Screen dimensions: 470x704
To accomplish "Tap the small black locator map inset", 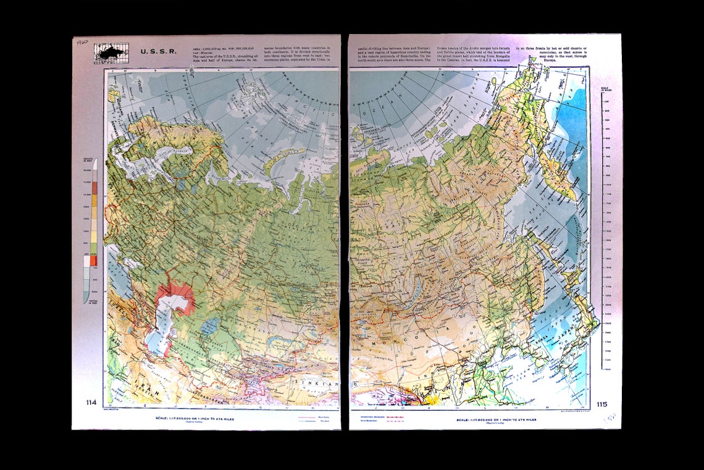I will pos(111,53).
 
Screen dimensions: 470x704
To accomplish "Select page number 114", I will pos(91,403).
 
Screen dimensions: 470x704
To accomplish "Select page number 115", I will pos(601,405).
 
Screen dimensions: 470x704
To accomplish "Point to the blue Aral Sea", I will pos(209,326).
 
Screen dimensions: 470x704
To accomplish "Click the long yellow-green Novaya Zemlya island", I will pos(283,158).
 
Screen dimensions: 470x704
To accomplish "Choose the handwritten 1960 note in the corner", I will pos(81,43).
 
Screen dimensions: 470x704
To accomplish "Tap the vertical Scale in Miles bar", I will pos(601,229).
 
